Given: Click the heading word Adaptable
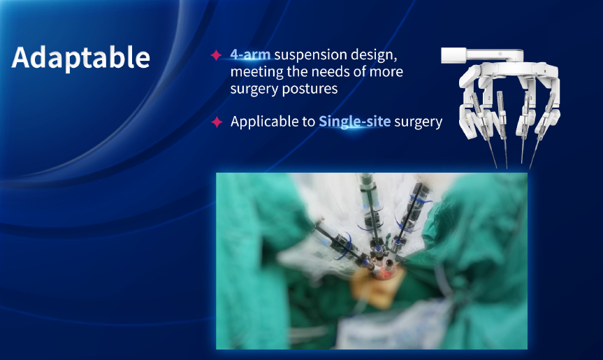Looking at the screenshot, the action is click(x=81, y=58).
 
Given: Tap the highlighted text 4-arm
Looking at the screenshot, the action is click(x=250, y=55).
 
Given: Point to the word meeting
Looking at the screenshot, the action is click(x=256, y=72).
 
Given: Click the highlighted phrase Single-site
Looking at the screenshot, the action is click(x=354, y=122).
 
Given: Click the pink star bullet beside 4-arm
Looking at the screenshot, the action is click(x=216, y=55).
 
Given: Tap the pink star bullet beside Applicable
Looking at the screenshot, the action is click(x=217, y=122).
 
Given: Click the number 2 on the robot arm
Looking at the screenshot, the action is click(x=489, y=99).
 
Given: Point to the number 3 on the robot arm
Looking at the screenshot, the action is click(x=531, y=99).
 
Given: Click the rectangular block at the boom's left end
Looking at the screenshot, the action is click(x=453, y=55).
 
